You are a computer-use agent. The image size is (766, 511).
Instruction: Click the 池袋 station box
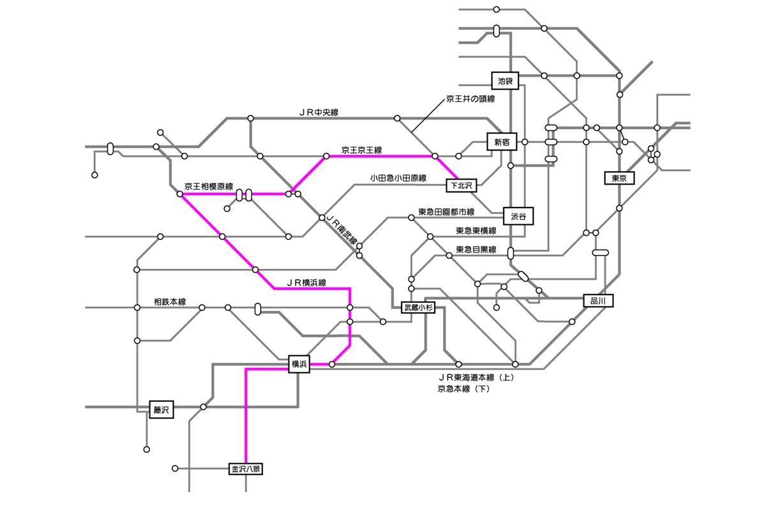[x=506, y=80]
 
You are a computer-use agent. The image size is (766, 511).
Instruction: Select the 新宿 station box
[x=502, y=142]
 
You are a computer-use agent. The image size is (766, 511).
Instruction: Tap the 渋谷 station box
[x=518, y=217]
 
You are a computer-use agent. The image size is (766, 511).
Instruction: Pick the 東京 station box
[x=619, y=178]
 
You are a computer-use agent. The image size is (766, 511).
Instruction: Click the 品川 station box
[x=598, y=300]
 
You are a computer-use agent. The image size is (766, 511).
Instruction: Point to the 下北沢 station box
[x=461, y=186]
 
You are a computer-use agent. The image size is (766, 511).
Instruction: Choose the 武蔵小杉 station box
[x=417, y=308]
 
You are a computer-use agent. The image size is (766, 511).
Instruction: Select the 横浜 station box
[x=299, y=364]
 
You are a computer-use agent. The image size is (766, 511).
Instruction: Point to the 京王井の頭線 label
[x=470, y=100]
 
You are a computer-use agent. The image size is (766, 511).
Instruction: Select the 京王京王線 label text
[x=361, y=150]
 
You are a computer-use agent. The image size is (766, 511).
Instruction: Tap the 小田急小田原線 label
[x=398, y=178]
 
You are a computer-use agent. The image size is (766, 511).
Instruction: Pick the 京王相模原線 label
[x=209, y=187]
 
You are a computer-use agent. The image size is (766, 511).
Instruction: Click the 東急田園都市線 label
[x=446, y=212]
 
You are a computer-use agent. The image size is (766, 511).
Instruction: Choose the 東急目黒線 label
[x=476, y=250]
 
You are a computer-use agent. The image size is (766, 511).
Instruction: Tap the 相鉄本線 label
[x=170, y=301]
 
